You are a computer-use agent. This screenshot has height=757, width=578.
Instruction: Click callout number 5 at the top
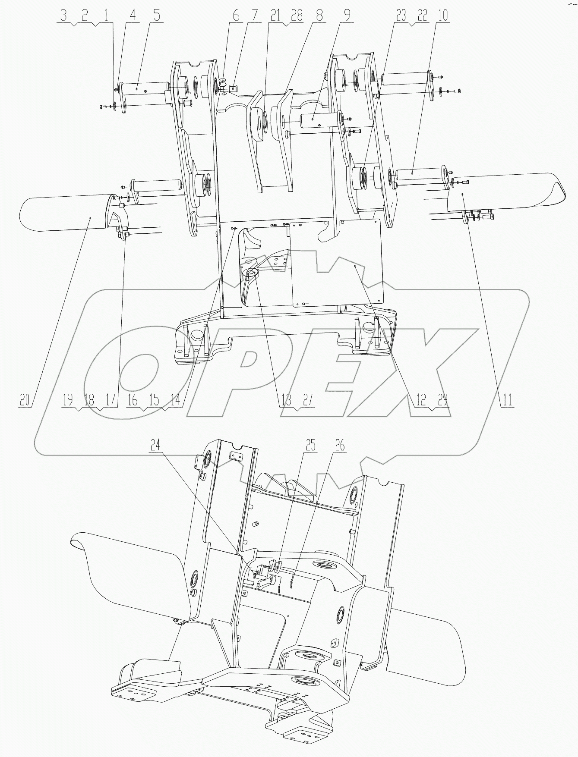click(156, 16)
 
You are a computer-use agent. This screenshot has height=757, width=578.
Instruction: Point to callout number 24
click(155, 445)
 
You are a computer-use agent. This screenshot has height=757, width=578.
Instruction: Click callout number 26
click(340, 445)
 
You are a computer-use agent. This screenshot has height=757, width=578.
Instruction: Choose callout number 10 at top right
click(442, 16)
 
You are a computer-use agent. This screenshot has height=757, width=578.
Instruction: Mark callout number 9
click(347, 16)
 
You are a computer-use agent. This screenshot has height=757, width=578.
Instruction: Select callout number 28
click(297, 16)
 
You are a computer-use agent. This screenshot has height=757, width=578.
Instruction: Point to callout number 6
click(236, 16)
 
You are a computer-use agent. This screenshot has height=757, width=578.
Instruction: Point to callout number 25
click(311, 445)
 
